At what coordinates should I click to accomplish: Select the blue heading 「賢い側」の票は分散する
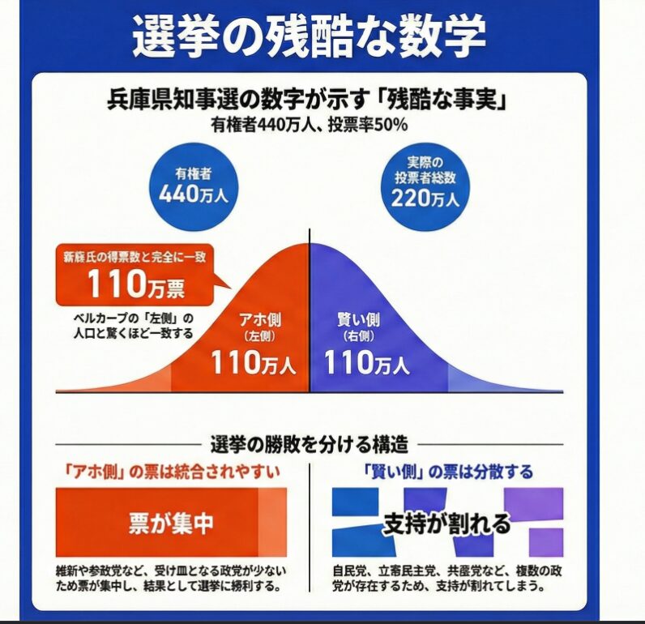pos(447,471)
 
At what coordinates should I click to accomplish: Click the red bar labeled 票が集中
pos(170,523)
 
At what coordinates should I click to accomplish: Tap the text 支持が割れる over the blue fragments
pos(446,523)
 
